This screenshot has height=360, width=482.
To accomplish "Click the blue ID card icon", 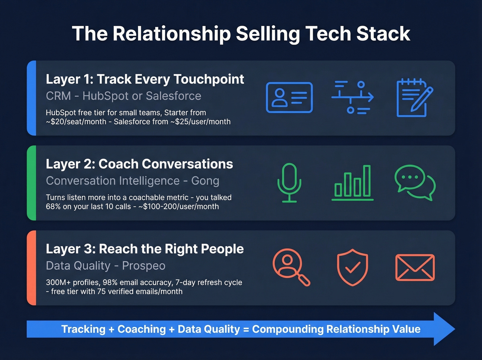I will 289,97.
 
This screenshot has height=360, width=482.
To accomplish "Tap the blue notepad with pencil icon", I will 414,98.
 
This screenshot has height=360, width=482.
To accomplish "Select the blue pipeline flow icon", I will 352,97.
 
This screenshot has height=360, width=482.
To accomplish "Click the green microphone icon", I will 289,183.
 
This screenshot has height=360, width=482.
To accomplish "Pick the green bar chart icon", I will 352,183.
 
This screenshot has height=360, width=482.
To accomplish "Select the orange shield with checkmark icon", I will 352,267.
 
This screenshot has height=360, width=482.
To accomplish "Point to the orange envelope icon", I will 415,267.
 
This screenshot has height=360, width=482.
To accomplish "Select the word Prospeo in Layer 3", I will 144,266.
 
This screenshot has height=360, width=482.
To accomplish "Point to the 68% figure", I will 53,207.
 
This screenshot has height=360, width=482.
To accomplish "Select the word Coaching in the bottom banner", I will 142,329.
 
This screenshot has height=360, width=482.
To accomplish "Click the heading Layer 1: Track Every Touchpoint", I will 145,79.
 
